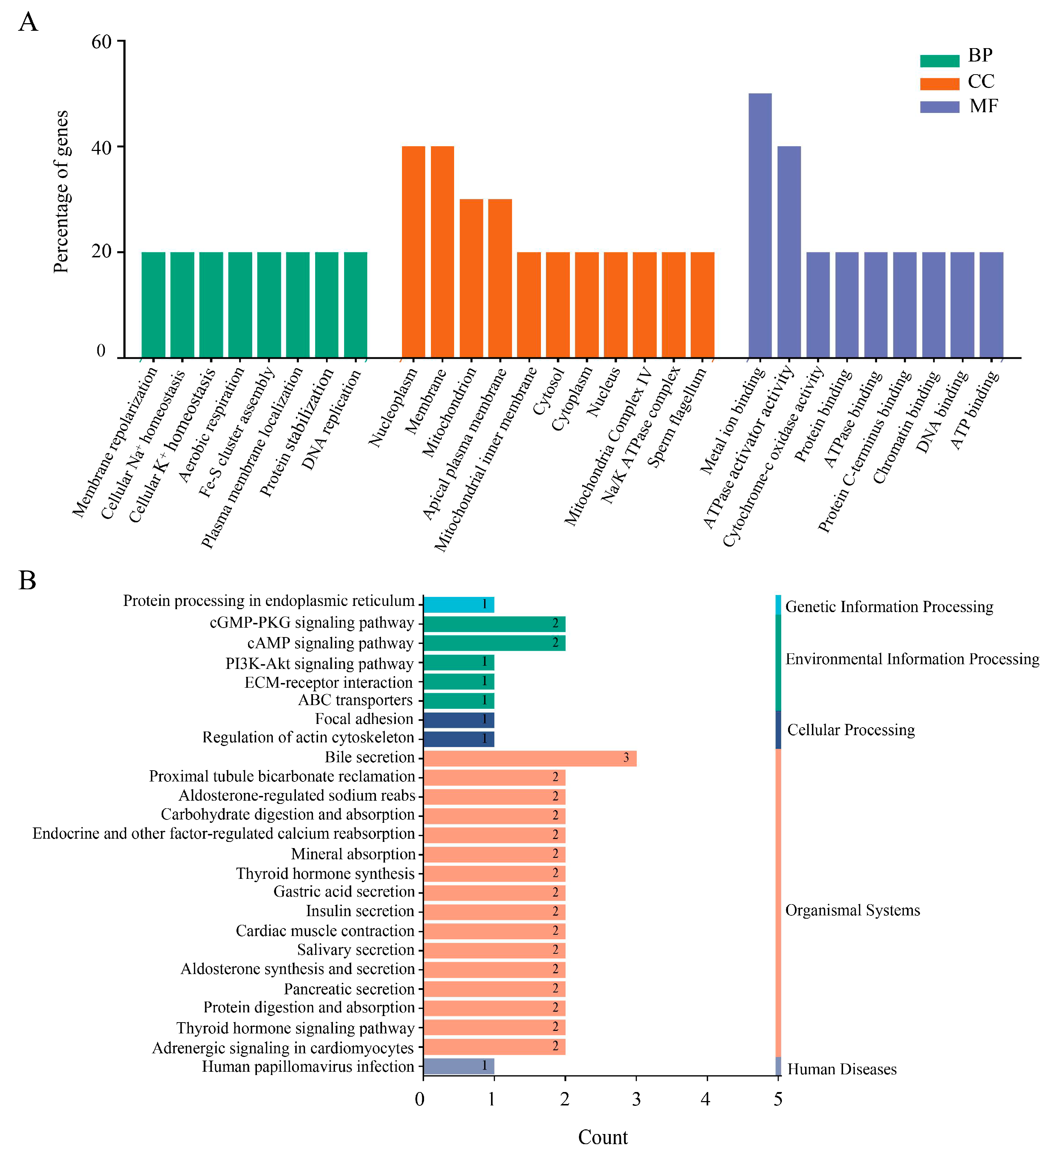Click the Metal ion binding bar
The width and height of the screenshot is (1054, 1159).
760,226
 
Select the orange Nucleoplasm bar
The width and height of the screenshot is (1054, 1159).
413,252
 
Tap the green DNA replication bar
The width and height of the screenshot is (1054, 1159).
355,305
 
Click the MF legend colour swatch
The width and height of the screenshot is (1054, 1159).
939,107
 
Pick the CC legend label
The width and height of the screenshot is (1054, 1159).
981,82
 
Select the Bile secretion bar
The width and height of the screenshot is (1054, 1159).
529,758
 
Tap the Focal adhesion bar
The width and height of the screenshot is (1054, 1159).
458,719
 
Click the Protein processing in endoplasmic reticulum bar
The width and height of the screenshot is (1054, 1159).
458,604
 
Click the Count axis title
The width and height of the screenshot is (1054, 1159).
602,1137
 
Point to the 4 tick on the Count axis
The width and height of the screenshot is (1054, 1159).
706,1099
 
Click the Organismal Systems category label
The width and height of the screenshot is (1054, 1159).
852,910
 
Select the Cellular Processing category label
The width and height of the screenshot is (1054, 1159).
851,730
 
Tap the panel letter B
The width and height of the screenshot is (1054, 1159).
27,580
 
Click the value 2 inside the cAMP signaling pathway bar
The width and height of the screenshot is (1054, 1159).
555,643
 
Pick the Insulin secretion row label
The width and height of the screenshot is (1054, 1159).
360,911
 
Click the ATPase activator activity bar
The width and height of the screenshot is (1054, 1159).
788,252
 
